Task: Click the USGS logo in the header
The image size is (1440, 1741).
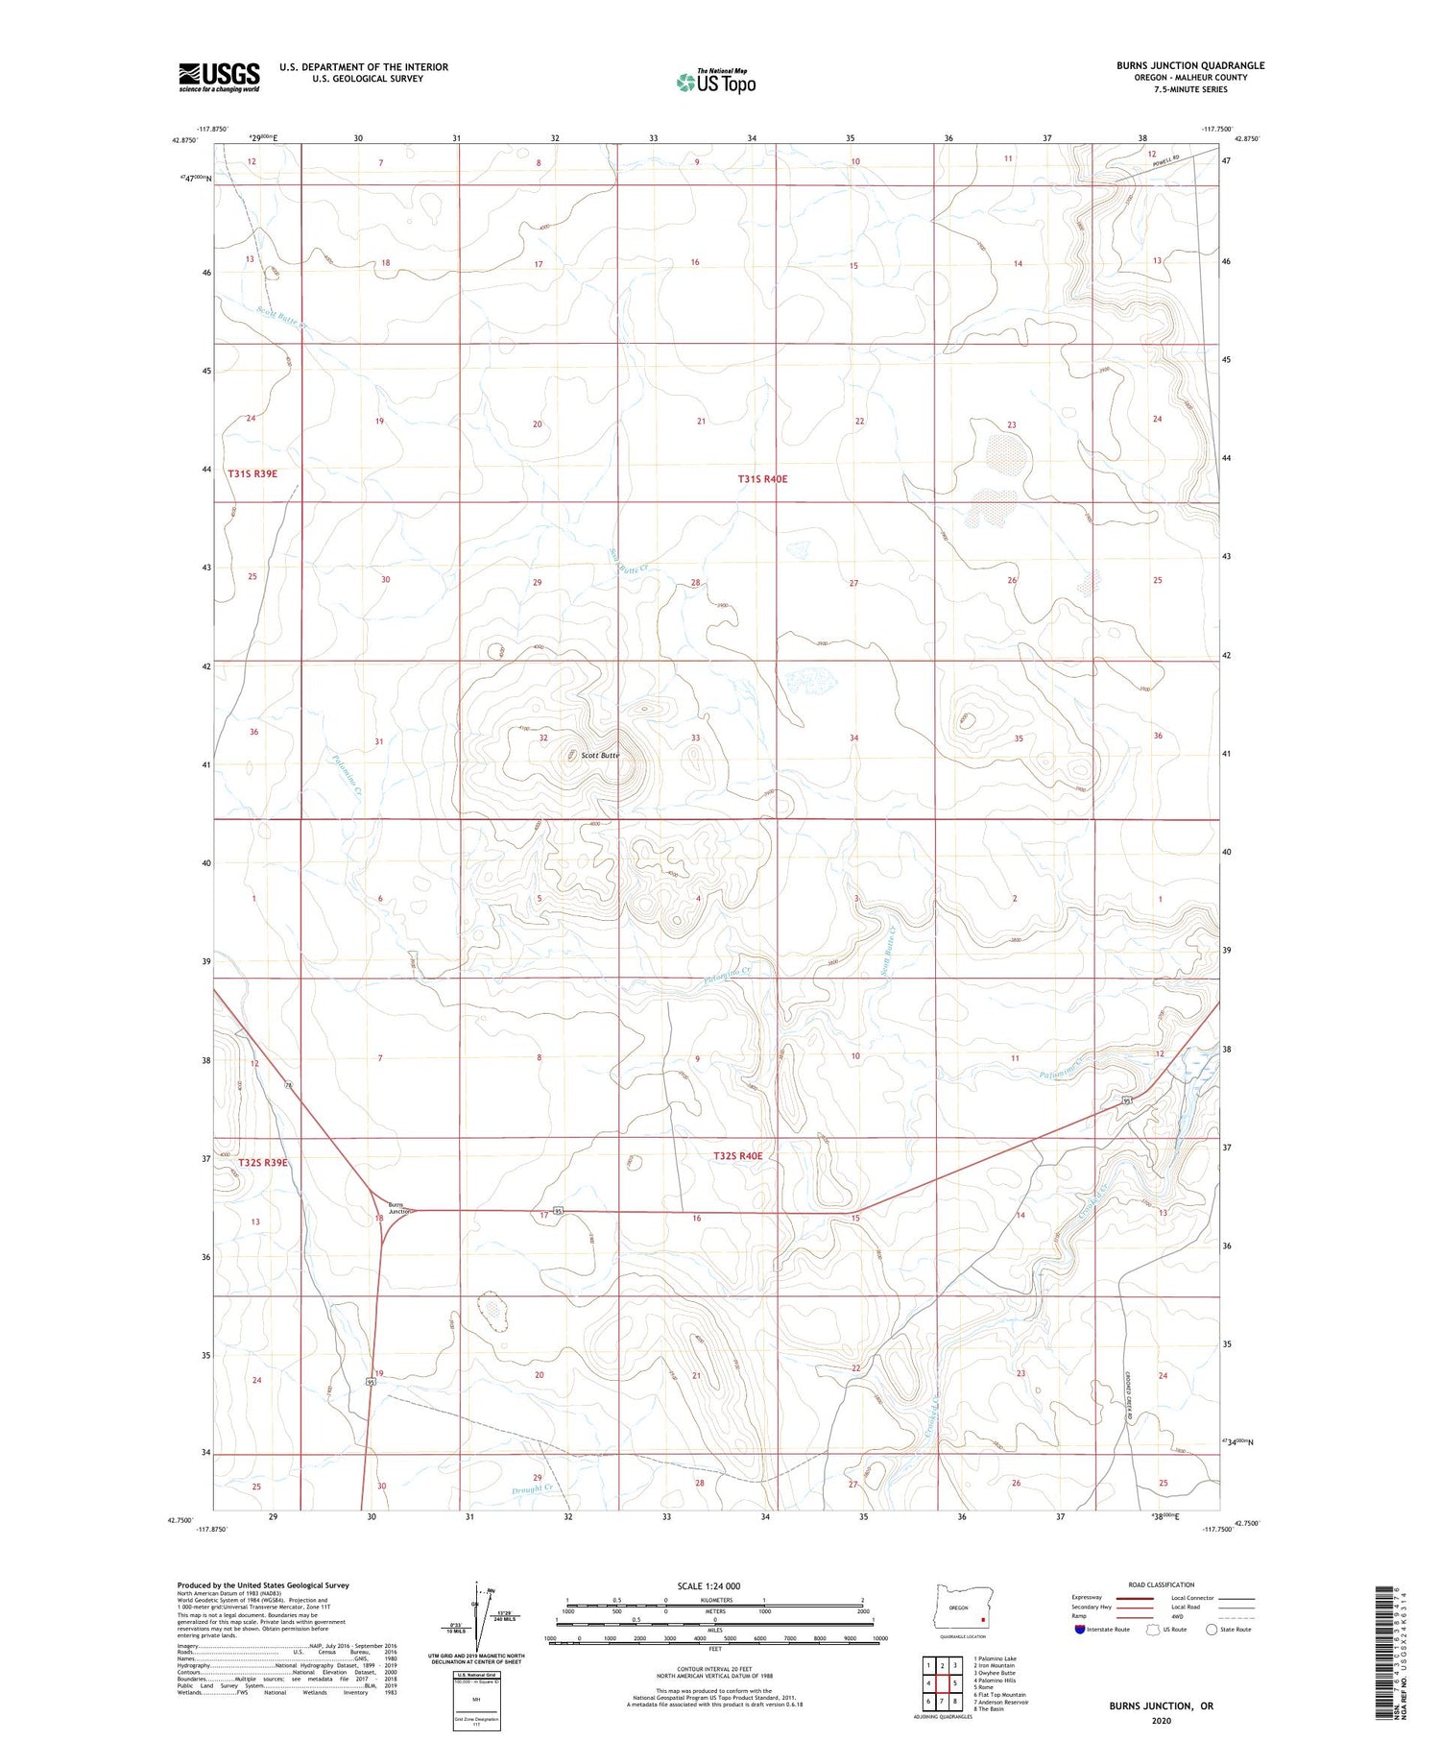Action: [219, 77]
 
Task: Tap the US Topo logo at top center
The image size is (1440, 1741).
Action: [715, 83]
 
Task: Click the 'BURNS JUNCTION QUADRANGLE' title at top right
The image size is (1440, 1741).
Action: [1189, 65]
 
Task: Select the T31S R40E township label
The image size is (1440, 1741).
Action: [762, 478]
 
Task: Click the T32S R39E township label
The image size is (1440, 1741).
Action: [262, 1163]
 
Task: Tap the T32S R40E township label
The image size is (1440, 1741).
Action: [737, 1156]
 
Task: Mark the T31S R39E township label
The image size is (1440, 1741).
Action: [252, 473]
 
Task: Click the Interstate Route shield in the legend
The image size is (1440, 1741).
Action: [1080, 1630]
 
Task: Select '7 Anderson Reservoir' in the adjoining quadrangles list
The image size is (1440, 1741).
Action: [1002, 1702]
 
